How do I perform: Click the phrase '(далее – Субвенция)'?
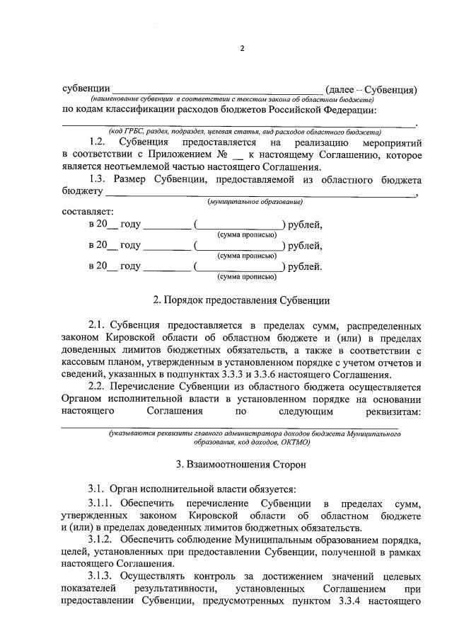click(372, 90)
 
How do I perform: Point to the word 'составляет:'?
click(87, 212)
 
